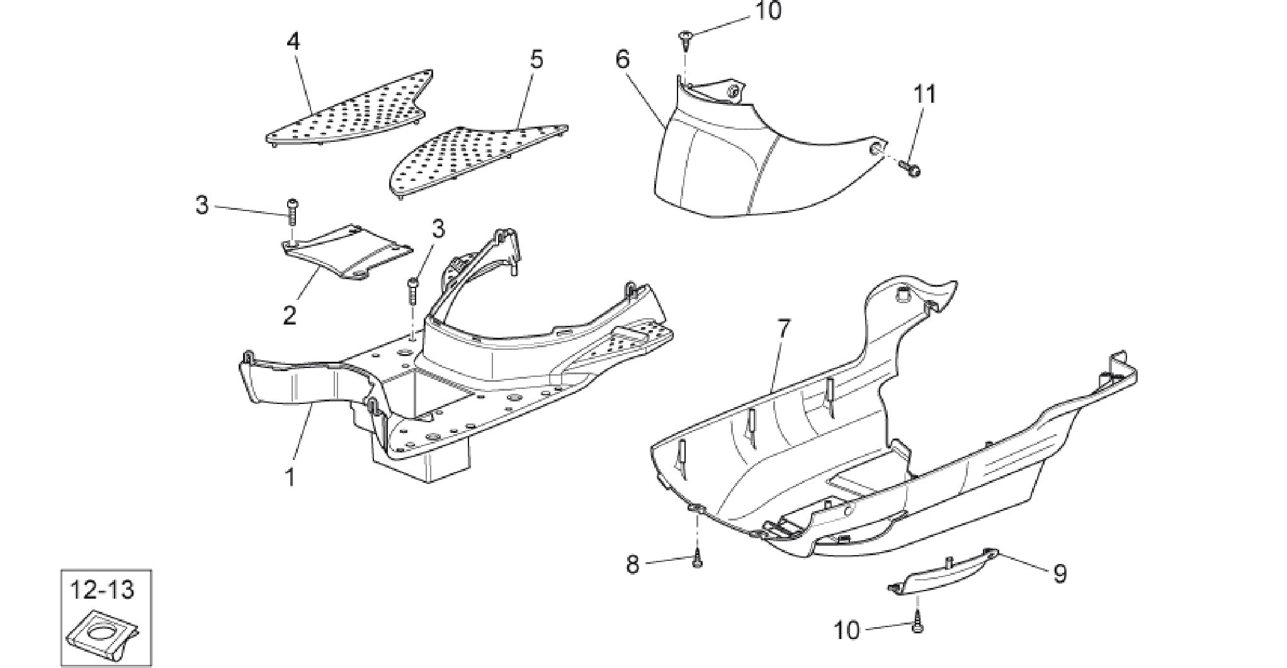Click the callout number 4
tap(293, 43)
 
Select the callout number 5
tap(536, 60)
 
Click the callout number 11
tap(925, 95)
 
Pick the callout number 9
tap(1060, 573)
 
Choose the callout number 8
tap(633, 564)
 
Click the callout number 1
tap(290, 478)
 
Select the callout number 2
tap(289, 314)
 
